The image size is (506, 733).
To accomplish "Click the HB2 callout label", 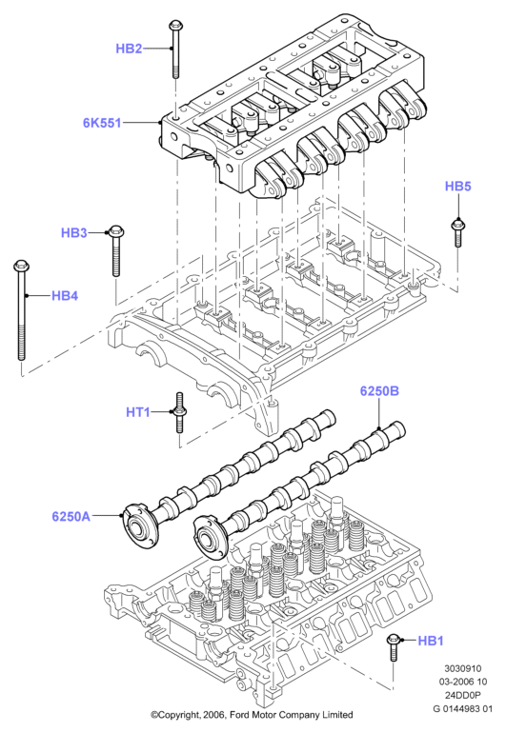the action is [x=129, y=49].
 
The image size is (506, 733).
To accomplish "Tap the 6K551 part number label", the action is [x=102, y=123].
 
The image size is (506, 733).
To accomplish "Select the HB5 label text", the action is [x=457, y=186].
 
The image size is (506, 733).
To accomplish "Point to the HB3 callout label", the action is [x=74, y=232].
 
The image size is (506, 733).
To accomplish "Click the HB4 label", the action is [x=65, y=295].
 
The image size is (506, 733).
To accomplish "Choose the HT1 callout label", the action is [x=138, y=412].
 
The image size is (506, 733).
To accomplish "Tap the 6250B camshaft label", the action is [x=379, y=390].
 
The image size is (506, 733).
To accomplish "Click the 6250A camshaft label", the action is [x=71, y=517].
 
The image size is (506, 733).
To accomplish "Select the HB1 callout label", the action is [x=430, y=640].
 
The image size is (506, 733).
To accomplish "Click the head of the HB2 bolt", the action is [x=175, y=25].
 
